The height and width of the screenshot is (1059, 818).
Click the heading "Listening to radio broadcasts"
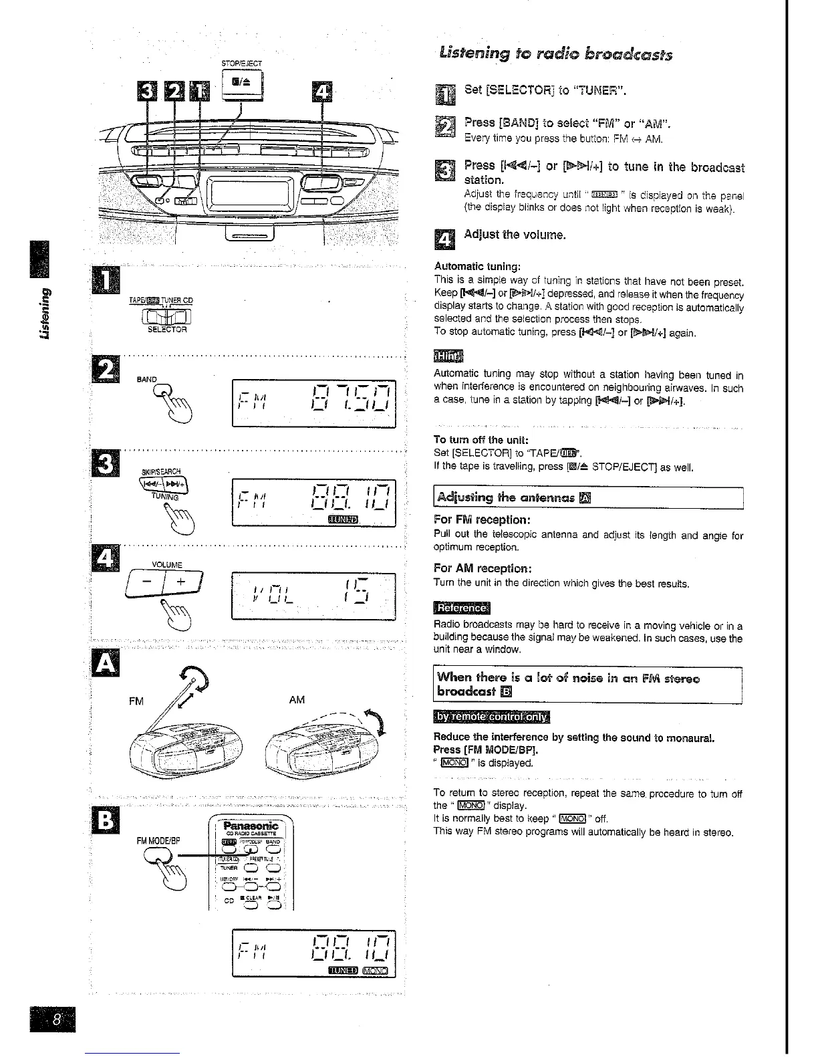(555, 54)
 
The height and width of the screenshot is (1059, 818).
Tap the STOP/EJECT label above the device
(241, 64)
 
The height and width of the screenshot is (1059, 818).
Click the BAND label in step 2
(146, 379)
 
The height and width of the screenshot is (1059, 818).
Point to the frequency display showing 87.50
(313, 403)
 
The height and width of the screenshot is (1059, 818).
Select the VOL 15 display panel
(313, 596)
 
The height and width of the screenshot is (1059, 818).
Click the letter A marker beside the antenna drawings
(108, 661)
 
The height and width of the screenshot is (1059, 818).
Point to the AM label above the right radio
(297, 699)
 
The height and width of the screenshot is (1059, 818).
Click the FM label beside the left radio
(136, 701)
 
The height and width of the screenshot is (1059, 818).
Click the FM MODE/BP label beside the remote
(156, 840)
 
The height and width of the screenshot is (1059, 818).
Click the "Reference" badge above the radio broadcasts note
(461, 608)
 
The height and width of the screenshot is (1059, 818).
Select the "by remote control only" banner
(491, 717)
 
